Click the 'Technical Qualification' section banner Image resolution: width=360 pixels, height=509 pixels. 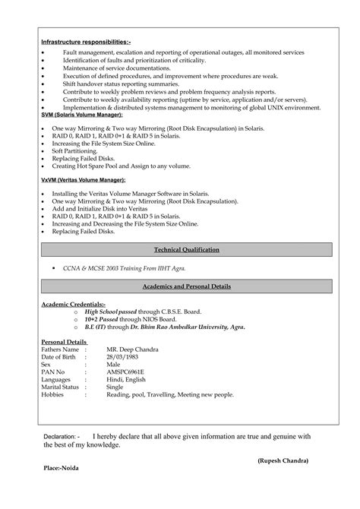tap(186, 249)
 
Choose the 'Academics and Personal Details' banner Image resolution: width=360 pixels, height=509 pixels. tap(186, 286)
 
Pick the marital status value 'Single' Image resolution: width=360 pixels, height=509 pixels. tap(116, 387)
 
